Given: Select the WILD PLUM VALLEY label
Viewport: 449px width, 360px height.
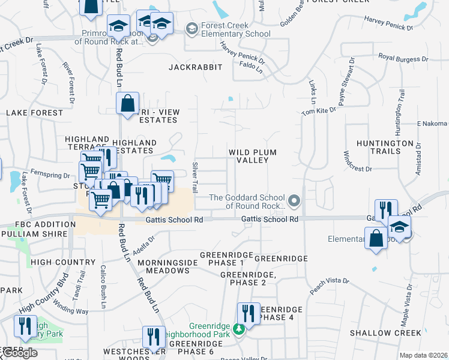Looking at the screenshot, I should point(253,157).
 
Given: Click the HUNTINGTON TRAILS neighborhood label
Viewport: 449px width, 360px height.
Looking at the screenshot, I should point(385,147).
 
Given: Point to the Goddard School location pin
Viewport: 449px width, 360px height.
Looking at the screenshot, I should point(294,200).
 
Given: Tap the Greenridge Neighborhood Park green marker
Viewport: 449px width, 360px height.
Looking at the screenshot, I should point(238,329).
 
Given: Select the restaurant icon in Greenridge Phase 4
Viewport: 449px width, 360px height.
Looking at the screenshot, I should point(248,314).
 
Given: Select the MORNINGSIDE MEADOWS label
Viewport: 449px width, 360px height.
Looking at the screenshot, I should point(164,266).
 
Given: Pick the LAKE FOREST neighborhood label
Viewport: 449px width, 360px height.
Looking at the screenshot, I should point(34,112).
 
